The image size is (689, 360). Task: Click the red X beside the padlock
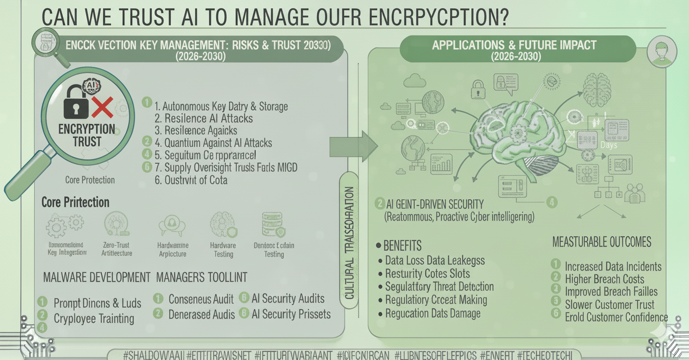pos(102,108)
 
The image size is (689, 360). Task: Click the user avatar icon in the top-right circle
pos(662,52)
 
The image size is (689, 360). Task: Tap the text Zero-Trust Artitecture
pos(116,249)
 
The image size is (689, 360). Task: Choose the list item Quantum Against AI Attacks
pos(213,143)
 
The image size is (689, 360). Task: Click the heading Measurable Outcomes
pos(601,242)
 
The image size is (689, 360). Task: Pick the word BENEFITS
pos(402,245)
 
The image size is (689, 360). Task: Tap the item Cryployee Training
pos(94,318)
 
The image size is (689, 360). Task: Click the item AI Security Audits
pos(288,299)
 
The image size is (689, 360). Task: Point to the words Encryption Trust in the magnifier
pos(87,135)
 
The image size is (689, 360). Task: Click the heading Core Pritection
pos(75,202)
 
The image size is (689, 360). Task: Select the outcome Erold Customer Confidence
pos(616,317)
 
